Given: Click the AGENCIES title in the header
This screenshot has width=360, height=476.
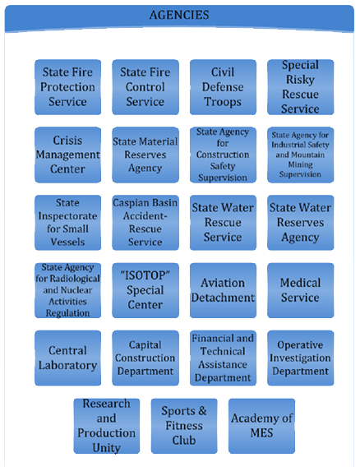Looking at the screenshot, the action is (179, 15).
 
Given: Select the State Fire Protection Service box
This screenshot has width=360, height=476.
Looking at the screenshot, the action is (67, 87).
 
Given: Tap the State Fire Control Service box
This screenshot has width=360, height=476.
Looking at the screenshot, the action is (145, 87).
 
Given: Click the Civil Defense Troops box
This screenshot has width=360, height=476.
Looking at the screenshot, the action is (223, 87).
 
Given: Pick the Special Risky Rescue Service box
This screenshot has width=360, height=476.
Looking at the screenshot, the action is (301, 87).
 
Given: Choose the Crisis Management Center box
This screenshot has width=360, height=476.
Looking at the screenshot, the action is (67, 155).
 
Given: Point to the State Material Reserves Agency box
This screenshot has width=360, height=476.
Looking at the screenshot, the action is (145, 155).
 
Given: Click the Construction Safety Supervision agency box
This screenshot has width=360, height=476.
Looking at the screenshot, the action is (223, 155).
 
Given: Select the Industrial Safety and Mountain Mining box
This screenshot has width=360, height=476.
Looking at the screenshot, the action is (301, 155).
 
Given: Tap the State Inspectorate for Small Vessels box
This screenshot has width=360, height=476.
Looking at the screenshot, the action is (67, 223).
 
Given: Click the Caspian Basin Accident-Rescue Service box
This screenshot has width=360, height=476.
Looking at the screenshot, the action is (145, 223).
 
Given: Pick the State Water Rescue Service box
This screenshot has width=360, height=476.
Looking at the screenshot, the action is (223, 223).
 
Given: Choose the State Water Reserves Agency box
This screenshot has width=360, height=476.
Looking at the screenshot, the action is (301, 223).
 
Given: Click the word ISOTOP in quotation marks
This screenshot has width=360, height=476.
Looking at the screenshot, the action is (145, 275).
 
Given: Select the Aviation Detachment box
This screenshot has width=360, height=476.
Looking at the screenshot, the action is (223, 290).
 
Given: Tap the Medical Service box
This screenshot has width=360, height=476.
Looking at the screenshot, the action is (301, 290).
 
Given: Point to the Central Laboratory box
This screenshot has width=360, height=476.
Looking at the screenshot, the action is (67, 358).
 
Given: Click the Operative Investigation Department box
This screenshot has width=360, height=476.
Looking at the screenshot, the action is (301, 358).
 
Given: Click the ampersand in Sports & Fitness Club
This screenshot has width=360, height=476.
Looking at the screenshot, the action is (202, 411).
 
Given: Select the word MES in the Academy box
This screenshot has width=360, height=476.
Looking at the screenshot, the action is (261, 433).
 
